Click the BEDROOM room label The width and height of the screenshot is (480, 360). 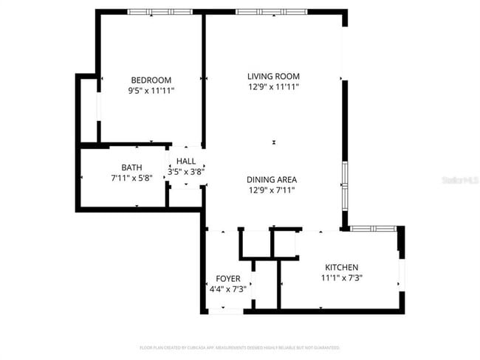pos(151,80)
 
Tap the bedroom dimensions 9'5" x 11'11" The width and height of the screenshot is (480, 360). pos(151,91)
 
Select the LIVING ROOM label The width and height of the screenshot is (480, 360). pos(273,76)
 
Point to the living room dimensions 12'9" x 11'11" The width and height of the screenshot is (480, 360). pos(273,86)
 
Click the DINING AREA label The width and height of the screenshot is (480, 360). pos(272,179)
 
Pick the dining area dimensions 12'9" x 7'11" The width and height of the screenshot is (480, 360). pos(272,190)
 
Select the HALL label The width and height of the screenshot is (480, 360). pos(186,161)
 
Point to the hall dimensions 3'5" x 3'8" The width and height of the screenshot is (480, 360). pos(186,171)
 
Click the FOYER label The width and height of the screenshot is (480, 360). pos(227,278)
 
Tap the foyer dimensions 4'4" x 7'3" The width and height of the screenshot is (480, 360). pos(227,288)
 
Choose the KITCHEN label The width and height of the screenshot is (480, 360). pos(342,267)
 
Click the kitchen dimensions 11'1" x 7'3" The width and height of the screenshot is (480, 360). pos(342,278)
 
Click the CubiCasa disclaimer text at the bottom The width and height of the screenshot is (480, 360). pos(239,347)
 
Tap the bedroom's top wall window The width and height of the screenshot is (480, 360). pos(160,12)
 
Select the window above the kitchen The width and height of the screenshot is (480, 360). pos(373,229)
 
